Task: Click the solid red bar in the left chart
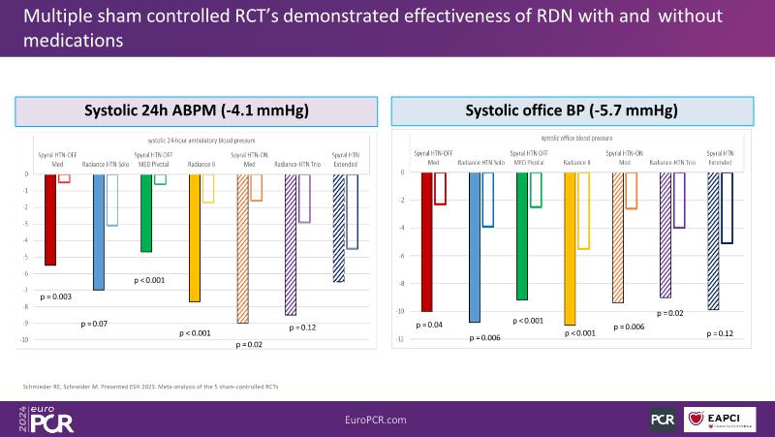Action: (x=50, y=220)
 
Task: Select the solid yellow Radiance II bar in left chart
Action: (x=194, y=237)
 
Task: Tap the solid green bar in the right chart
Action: (x=521, y=236)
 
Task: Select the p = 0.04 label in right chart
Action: (x=428, y=324)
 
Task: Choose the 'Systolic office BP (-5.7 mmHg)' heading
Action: (x=572, y=111)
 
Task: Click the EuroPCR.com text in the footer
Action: (x=387, y=418)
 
